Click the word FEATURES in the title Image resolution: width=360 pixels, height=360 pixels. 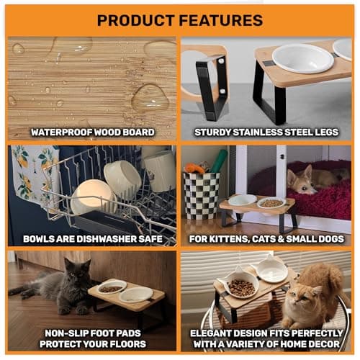(221, 20)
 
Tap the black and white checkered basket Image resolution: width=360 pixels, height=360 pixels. (202, 195)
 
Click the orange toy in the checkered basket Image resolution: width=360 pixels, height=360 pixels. (194, 168)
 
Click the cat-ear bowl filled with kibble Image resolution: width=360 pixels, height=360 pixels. (240, 284)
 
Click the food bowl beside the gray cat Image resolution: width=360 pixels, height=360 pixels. (112, 287)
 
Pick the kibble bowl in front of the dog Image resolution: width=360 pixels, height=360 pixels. (271, 203)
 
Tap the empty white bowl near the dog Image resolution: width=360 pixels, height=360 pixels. (242, 199)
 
